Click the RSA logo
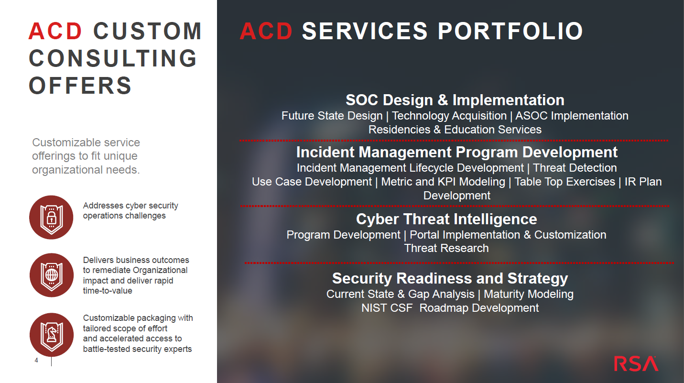coord(636,363)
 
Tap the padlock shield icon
coord(51,218)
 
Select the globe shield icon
coord(52,275)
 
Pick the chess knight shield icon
coord(52,335)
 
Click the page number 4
coord(36,361)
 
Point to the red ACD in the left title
coord(55,31)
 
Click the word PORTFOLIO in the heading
coord(510,31)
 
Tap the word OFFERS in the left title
coord(80,86)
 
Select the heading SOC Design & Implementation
coord(455,100)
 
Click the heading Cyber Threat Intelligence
coord(446,219)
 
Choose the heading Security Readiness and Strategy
coord(450,278)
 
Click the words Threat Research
coord(446,248)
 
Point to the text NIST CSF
coord(387,308)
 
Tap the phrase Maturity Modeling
coord(529,294)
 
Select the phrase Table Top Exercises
coord(565,182)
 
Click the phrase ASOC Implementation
coord(572,116)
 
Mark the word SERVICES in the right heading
coord(365,31)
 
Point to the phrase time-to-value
coord(108,291)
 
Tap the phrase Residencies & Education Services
coord(455,130)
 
